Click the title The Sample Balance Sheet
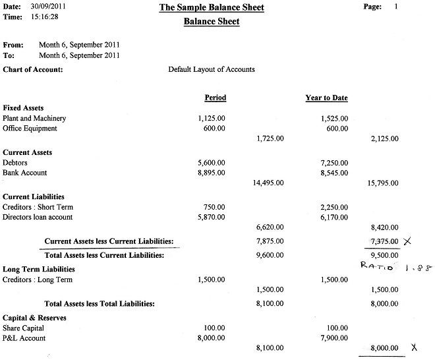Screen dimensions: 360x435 [x=211, y=8]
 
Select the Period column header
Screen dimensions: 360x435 [x=215, y=98]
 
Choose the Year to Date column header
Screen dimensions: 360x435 [x=326, y=98]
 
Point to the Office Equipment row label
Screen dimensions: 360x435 [x=30, y=129]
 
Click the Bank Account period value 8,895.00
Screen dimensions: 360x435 [x=211, y=173]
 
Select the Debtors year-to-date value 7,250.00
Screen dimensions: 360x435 [x=333, y=162]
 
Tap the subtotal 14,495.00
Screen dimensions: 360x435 [x=268, y=183]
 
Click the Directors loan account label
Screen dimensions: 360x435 [x=38, y=217]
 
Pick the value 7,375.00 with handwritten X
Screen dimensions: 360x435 [x=385, y=241]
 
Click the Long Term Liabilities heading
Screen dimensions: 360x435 [x=39, y=269]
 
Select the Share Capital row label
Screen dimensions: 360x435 [x=24, y=328]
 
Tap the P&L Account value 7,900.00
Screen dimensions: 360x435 [x=333, y=338]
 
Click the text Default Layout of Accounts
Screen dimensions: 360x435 [x=212, y=69]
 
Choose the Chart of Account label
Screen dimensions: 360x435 [x=33, y=69]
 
